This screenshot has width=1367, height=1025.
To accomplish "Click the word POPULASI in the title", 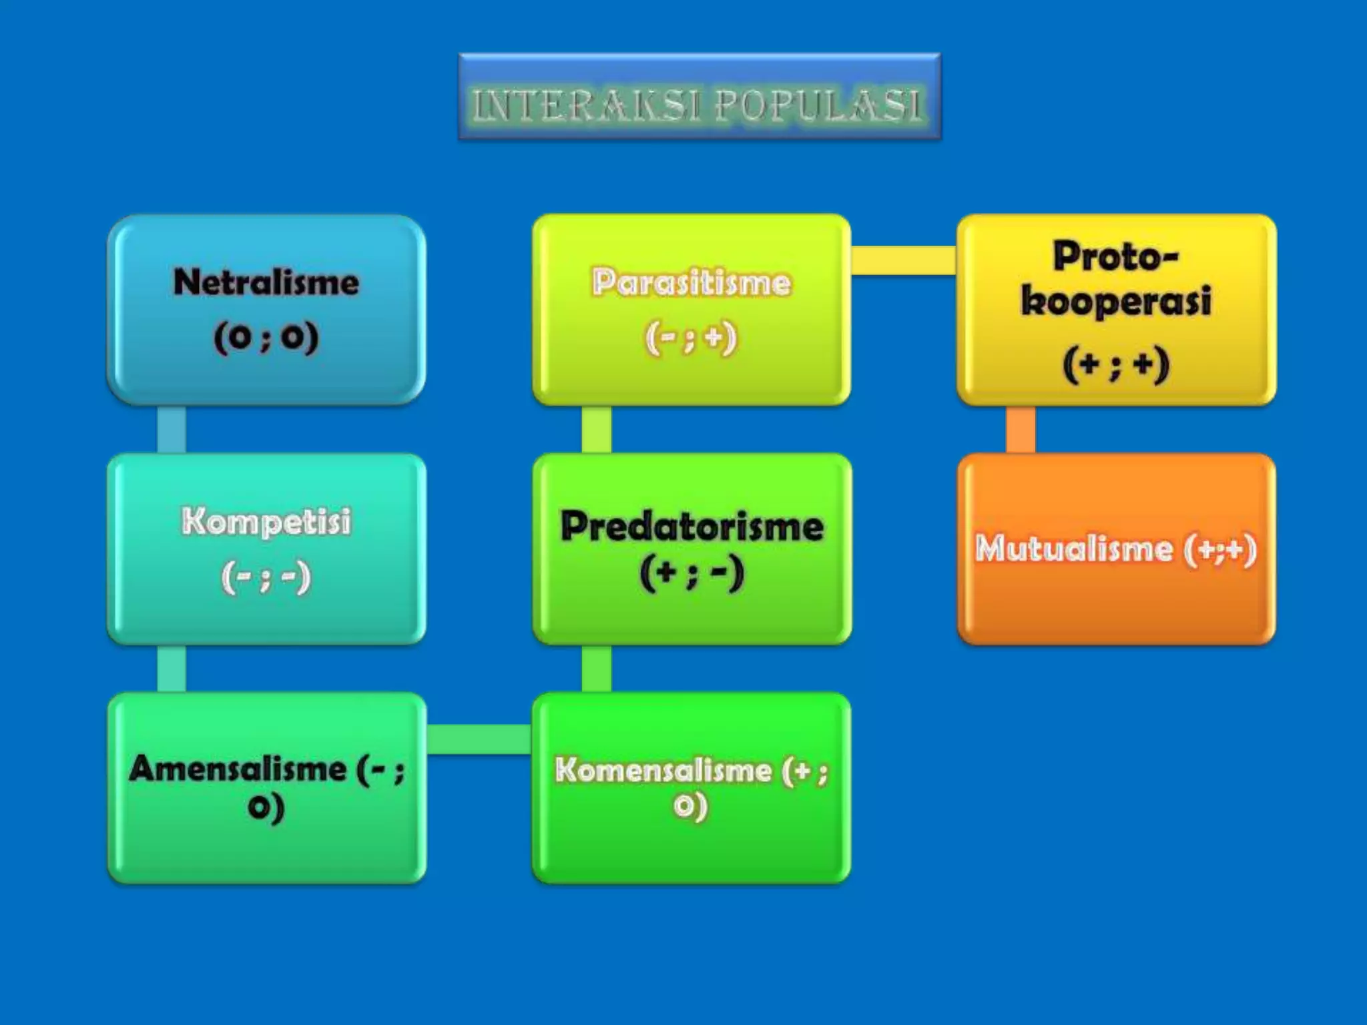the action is pos(818,105).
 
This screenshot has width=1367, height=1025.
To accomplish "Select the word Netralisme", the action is pos(266,282).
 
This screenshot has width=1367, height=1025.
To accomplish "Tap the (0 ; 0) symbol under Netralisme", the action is pos(266,337).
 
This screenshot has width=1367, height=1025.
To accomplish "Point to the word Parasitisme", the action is pos(692,282).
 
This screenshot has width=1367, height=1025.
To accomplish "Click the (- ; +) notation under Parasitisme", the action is pos(692,338).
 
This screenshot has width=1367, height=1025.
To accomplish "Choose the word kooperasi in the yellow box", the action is pos(1116,302).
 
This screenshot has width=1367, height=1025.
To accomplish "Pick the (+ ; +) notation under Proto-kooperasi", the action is pos(1116,365).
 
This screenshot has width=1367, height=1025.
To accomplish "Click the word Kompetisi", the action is pos(266,521).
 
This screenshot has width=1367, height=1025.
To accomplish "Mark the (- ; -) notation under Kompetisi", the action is pos(266,577).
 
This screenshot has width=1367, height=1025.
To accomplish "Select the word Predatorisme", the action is pos(692,527).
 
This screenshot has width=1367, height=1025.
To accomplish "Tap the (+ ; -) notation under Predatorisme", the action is pos(692,573).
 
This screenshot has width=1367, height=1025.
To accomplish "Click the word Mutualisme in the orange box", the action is pos(1074,549).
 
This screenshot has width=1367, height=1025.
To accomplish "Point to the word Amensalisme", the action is pos(238,769).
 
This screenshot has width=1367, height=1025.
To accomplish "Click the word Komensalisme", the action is pos(663,770).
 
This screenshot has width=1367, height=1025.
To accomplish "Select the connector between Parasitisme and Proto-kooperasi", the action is pos(904,260).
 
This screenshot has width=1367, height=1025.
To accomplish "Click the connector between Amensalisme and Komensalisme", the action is pos(479,739).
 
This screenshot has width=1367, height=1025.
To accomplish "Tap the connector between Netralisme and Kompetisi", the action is pos(172,429).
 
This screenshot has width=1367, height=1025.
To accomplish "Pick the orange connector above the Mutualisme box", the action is pos(1021,429).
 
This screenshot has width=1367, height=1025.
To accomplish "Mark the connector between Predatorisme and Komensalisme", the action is pos(596,669).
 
